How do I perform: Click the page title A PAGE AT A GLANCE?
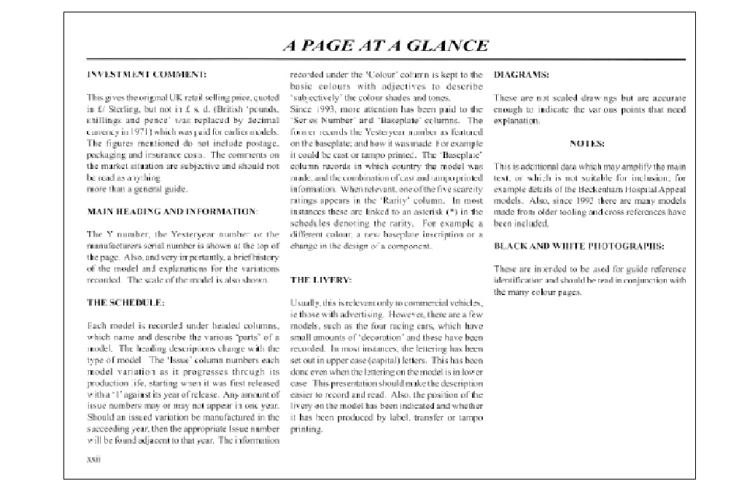click(x=385, y=45)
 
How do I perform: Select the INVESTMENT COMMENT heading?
click(x=146, y=75)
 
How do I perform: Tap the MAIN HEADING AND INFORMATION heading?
click(x=171, y=211)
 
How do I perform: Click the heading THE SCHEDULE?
click(x=125, y=301)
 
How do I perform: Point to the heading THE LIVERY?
click(x=321, y=279)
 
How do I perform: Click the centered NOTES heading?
click(x=587, y=144)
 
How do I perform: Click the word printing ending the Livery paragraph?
click(x=306, y=429)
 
